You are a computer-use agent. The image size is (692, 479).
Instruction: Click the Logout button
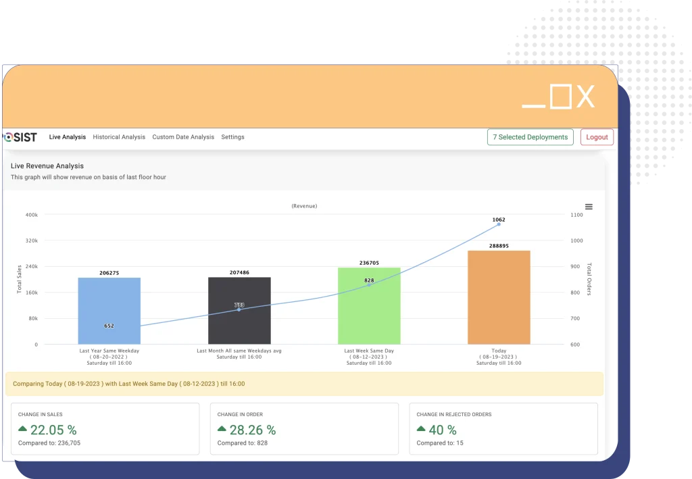point(597,137)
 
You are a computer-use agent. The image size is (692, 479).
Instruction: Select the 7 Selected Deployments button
point(530,137)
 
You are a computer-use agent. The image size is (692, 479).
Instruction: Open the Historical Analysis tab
point(119,137)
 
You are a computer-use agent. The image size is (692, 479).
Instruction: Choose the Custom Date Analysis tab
point(183,137)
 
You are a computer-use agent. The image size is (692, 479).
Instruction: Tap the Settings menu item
point(232,137)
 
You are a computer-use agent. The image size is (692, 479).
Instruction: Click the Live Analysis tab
point(68,137)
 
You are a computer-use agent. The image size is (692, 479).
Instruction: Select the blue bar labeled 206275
point(109,311)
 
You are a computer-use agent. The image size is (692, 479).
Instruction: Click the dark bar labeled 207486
point(239,311)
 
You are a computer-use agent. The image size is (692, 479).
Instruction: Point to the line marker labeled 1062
point(499,224)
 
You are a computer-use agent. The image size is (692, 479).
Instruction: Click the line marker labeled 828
point(369,285)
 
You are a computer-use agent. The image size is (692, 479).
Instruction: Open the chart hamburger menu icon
point(589,207)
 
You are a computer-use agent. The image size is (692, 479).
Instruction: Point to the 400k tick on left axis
point(31,215)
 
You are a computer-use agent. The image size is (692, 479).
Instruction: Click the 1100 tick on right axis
point(576,215)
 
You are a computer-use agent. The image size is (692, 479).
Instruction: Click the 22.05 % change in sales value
point(53,430)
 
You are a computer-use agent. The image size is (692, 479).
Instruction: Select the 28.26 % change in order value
point(252,430)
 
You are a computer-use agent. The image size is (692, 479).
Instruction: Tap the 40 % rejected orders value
point(442,430)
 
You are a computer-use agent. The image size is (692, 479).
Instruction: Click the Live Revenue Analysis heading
point(47,166)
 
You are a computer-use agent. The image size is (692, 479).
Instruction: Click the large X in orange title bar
point(585,97)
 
